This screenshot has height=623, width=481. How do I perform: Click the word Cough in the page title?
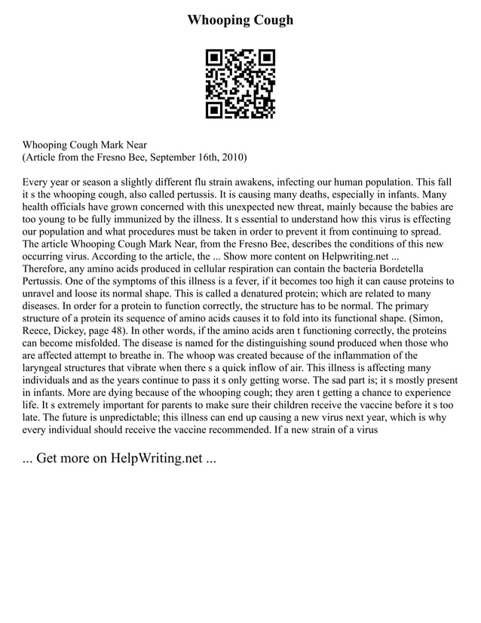pos(268,20)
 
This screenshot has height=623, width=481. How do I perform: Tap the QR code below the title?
pos(240,84)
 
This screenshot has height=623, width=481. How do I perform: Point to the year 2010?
pos(231,158)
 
